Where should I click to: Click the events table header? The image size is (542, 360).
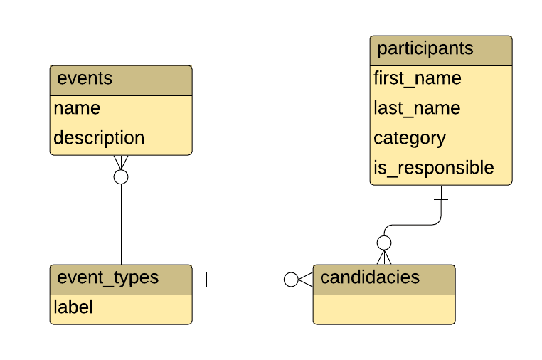121,80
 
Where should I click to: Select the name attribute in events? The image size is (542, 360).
77,109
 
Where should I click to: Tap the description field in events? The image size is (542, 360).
99,138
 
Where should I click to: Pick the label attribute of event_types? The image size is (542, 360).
73,308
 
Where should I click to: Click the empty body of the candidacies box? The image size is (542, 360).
383,308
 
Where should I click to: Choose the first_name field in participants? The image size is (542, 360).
418,79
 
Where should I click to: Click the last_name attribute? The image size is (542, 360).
417,109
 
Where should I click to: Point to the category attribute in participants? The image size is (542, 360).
410,138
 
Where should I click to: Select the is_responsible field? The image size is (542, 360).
434,168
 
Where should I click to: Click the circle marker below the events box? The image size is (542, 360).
121,176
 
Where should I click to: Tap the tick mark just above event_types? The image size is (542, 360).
121,250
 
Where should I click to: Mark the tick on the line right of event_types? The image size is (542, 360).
206,280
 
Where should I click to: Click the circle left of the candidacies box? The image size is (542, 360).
291,280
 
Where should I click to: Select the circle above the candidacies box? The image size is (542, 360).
384,243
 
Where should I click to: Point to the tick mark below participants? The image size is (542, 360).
441,199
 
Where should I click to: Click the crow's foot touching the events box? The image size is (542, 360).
121,162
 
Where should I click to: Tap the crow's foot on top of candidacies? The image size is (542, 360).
384,258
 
